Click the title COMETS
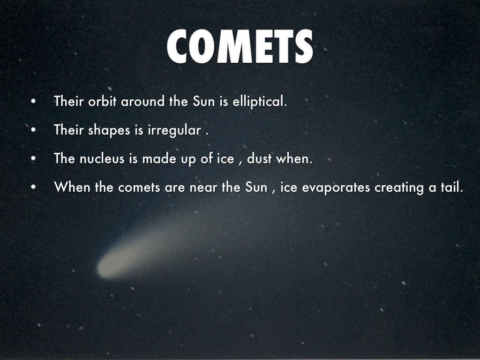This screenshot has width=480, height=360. (x=240, y=46)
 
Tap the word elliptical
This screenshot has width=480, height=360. (x=260, y=101)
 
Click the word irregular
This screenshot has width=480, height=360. (x=174, y=130)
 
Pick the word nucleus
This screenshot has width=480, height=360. (x=102, y=158)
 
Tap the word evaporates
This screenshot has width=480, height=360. (x=336, y=187)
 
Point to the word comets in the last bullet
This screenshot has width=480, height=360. (x=139, y=187)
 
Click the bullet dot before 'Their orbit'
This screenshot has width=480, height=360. (x=33, y=101)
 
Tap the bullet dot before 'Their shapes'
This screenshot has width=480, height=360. (x=33, y=130)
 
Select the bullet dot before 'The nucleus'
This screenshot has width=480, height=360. (x=33, y=158)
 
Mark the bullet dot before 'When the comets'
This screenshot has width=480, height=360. (x=33, y=187)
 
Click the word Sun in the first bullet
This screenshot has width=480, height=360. (x=203, y=101)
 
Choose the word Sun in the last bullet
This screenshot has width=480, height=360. (x=256, y=187)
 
